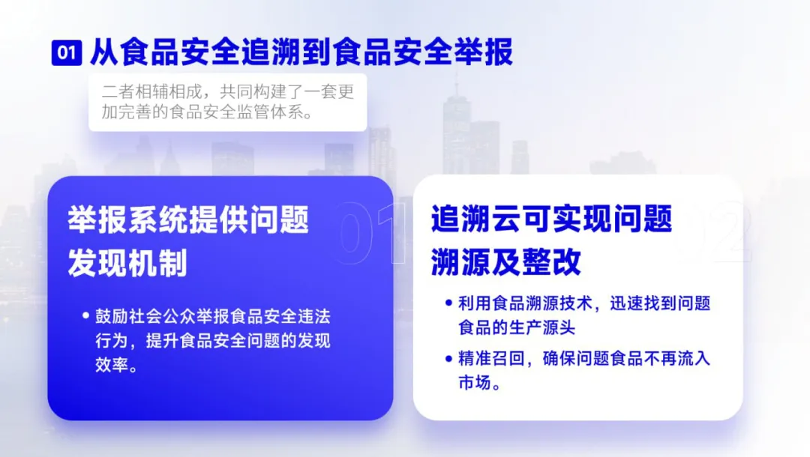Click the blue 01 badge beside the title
pos(67,52)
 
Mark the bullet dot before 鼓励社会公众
pos(85,315)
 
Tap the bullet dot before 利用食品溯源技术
pos(448,303)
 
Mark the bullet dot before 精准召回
pos(448,358)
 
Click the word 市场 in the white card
pos(475,382)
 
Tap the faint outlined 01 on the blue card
pos(369,233)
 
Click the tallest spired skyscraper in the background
pos(457,129)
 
